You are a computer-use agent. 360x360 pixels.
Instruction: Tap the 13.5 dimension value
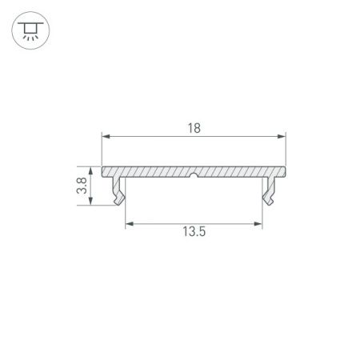194,233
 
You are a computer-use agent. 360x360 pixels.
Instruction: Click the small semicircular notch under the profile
194,176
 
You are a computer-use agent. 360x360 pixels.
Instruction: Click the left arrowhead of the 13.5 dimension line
129,223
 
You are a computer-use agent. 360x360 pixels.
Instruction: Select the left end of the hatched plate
104,171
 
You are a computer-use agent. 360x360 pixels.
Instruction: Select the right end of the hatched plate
285,171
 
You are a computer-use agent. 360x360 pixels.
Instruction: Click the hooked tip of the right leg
270,197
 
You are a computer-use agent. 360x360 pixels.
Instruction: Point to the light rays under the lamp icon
30,37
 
